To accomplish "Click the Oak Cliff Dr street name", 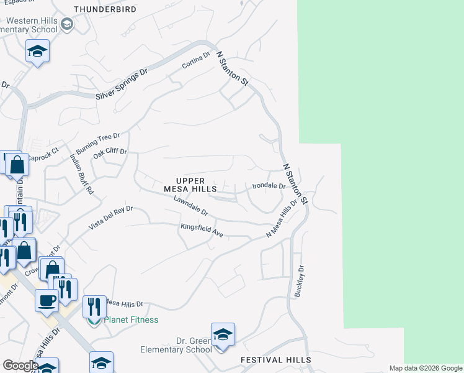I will click(x=110, y=152).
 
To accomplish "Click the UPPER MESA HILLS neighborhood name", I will click(x=190, y=183).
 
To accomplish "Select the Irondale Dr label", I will click(x=269, y=186).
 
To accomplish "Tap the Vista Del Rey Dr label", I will click(x=110, y=218).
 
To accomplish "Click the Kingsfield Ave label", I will click(x=202, y=231).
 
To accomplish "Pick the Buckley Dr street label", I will click(x=300, y=281).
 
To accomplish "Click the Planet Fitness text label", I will click(x=131, y=320).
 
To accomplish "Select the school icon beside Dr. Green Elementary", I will click(x=223, y=334).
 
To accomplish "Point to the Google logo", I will click(x=20, y=366).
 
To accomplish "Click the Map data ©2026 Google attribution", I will click(x=425, y=368).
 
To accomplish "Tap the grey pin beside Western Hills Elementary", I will click(x=68, y=25).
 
